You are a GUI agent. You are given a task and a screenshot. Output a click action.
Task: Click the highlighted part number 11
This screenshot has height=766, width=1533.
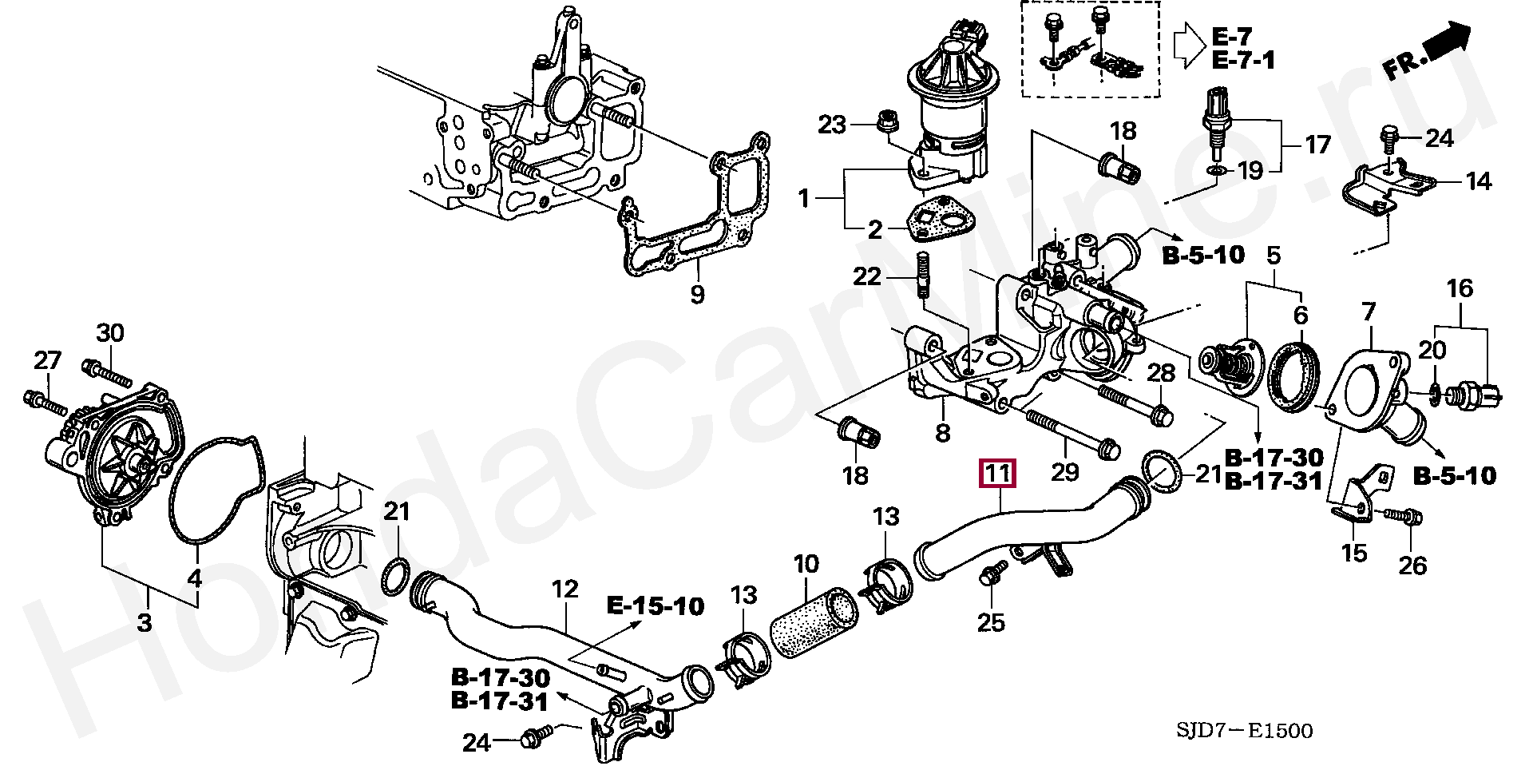coord(998,473)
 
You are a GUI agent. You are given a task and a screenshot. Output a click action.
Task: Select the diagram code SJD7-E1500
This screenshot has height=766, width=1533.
coord(1244,730)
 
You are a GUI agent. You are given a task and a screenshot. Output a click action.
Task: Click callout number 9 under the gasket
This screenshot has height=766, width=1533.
coord(697,295)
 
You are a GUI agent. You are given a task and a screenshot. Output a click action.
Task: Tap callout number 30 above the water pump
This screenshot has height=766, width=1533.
coord(111,332)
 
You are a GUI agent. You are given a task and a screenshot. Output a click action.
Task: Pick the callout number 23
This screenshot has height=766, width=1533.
coord(832,125)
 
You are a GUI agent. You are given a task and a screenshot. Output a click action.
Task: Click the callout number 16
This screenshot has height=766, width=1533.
coord(1460,288)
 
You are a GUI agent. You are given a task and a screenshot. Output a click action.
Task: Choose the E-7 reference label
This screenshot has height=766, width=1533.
coord(1233,37)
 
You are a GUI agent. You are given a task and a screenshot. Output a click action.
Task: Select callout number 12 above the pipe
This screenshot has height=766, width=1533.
coord(564,590)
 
